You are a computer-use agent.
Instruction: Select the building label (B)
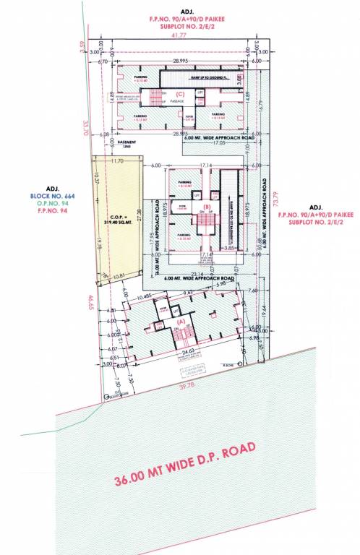point(206,207)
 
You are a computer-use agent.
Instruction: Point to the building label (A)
point(179,319)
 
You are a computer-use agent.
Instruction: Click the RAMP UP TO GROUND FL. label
point(205,75)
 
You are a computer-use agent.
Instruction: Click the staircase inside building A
point(179,334)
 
